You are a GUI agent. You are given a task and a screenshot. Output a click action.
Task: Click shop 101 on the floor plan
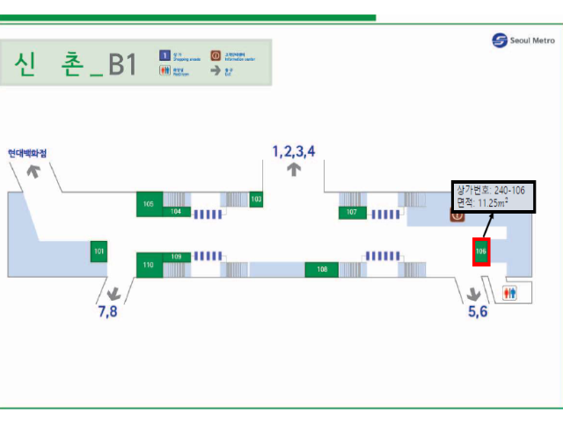(99, 251)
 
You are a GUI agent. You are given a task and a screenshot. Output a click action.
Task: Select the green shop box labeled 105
(149, 204)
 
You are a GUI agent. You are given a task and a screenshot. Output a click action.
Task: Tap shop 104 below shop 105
(176, 211)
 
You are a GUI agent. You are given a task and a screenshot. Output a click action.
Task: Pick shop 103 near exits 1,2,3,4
(256, 200)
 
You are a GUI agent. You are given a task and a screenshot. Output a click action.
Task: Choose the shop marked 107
(352, 212)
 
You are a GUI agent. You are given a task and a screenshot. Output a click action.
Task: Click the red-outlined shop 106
(480, 251)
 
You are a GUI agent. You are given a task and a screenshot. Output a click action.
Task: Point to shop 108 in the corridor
(322, 269)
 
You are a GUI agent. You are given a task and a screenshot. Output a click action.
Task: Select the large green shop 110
(149, 265)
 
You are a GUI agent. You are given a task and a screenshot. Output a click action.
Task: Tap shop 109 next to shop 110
(176, 257)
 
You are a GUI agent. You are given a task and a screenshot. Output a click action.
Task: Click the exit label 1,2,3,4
(294, 151)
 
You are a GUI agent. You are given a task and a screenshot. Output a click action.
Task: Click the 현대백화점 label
(27, 153)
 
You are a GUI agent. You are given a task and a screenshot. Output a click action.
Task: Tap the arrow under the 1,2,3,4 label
(294, 170)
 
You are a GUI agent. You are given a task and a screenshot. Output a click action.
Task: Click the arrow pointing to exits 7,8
(113, 293)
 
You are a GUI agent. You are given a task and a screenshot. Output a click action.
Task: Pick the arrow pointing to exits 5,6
(475, 294)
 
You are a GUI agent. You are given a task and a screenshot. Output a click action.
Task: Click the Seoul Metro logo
(523, 40)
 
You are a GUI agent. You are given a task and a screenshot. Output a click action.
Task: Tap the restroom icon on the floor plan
(509, 292)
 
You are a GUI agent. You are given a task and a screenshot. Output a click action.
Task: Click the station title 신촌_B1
(75, 64)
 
